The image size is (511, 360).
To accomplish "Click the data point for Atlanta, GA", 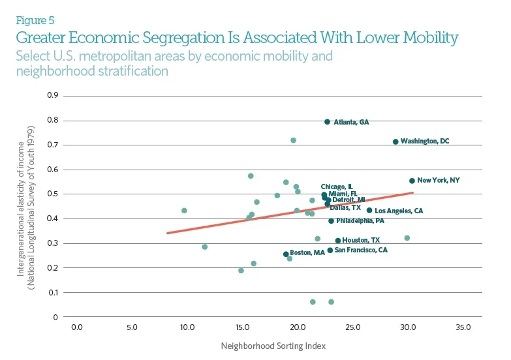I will [327, 122].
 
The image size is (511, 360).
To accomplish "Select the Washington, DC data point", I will [395, 142].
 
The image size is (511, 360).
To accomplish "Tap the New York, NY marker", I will [412, 181].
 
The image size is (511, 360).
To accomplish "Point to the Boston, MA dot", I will [286, 254].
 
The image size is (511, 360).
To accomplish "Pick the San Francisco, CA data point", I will [330, 250].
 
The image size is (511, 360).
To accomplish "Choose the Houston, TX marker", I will [338, 241].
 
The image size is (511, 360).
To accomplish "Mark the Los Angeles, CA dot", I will [369, 211].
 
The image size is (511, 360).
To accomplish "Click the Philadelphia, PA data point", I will [331, 221].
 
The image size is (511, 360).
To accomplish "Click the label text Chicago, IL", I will [337, 187].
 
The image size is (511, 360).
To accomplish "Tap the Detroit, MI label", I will [349, 200].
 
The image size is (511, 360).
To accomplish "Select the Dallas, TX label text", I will [345, 207].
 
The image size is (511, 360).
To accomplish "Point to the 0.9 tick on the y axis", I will [53, 95].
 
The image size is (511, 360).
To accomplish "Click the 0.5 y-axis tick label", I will [53, 194].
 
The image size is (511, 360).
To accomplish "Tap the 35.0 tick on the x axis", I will [463, 327].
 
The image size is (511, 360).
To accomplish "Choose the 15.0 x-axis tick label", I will [242, 327].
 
